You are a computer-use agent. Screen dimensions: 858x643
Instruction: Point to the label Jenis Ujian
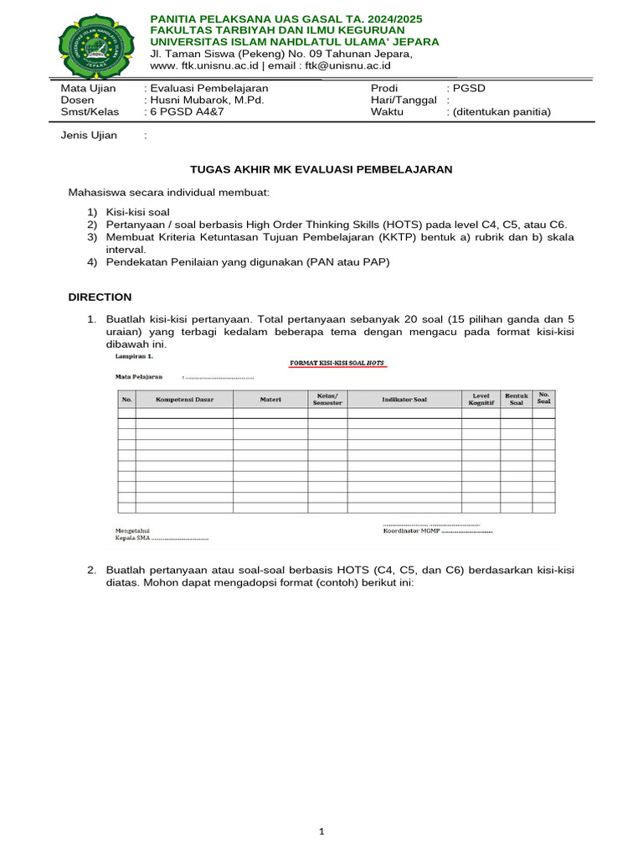click(89, 135)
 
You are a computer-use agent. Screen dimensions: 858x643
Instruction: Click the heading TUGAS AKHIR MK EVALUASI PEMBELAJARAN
click(321, 169)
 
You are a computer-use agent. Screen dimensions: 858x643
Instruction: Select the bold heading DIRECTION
click(100, 297)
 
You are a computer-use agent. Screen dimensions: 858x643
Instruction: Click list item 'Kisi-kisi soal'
click(137, 212)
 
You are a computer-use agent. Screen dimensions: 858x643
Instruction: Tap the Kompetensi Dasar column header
click(185, 400)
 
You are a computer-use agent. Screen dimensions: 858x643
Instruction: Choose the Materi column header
click(270, 400)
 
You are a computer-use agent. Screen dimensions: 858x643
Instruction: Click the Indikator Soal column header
click(404, 400)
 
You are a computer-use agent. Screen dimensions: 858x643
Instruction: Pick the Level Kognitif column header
click(481, 400)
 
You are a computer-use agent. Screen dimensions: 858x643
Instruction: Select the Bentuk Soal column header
click(517, 400)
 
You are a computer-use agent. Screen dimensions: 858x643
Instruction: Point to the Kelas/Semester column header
click(327, 400)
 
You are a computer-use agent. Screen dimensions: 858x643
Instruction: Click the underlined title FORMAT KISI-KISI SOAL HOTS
click(338, 363)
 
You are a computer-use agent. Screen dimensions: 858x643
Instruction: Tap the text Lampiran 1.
click(134, 355)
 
